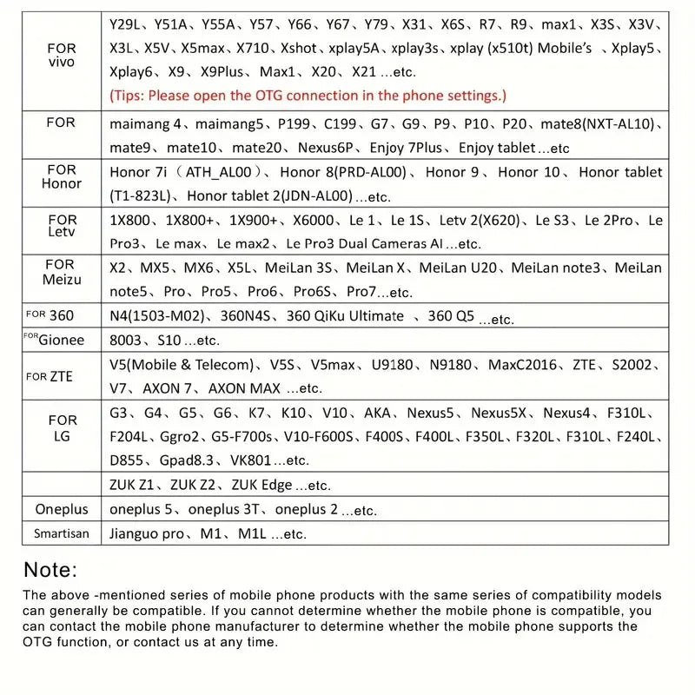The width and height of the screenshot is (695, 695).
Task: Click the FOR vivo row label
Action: coord(62,56)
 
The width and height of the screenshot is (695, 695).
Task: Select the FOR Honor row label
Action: coord(62,176)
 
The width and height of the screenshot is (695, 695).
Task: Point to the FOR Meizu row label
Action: coord(62,272)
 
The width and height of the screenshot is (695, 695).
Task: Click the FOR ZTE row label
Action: coord(50,376)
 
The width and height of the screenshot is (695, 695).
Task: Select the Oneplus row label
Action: coord(62,509)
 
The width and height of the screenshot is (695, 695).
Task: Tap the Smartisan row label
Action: coord(62,533)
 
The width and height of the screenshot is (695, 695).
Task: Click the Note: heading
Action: coord(50,570)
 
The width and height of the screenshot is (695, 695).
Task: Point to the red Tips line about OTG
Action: coord(308,96)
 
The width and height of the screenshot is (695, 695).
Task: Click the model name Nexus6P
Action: coord(327,148)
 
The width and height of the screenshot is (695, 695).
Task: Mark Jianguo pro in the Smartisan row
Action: coord(147,533)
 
